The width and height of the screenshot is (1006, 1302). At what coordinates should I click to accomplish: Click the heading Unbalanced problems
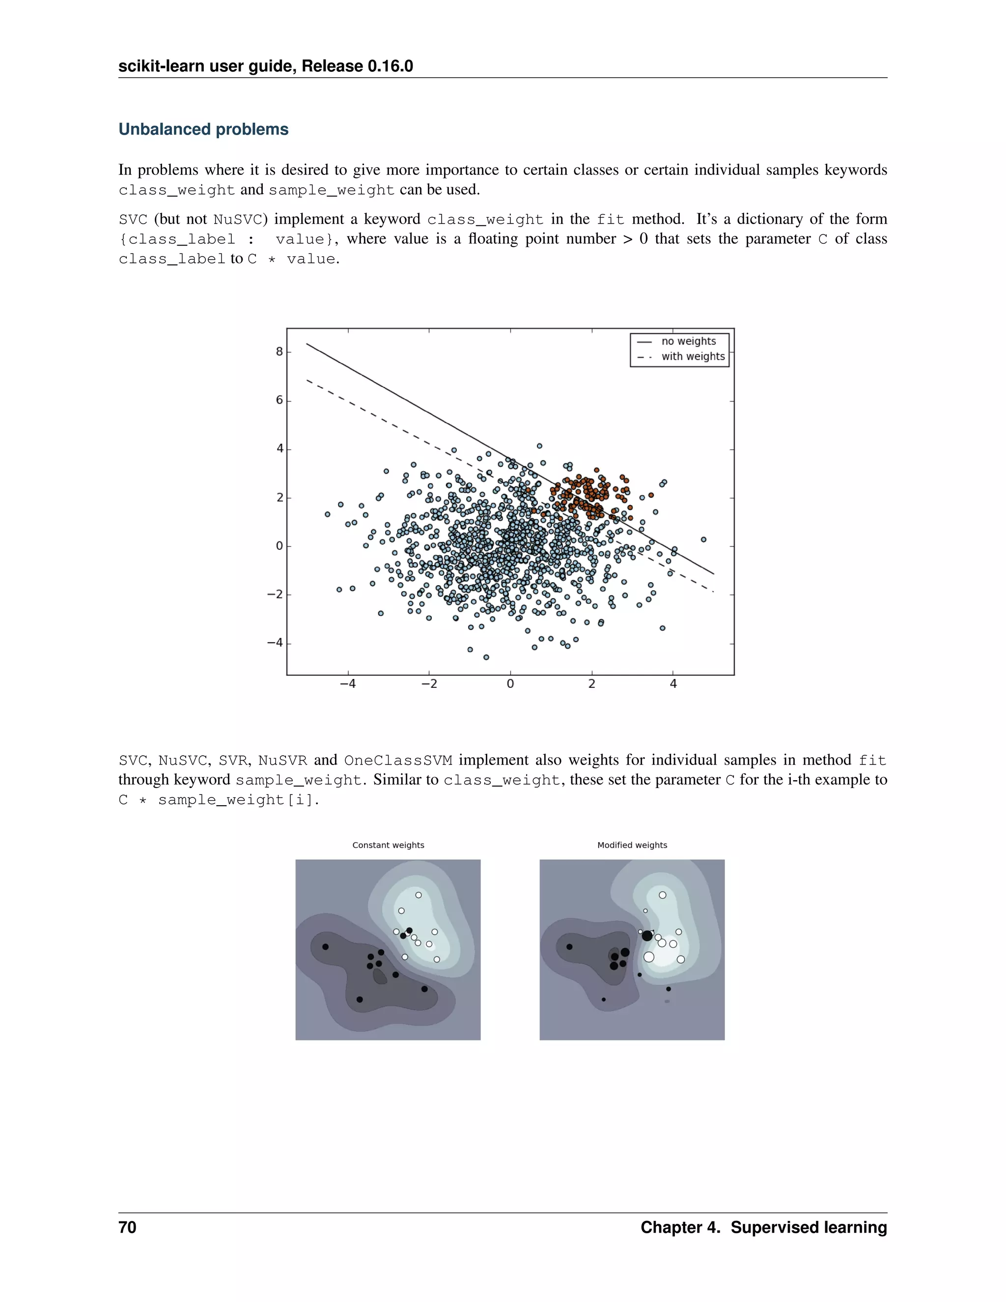coord(203,129)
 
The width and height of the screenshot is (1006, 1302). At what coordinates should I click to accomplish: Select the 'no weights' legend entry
coord(688,341)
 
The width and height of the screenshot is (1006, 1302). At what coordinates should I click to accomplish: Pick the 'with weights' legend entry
coord(693,357)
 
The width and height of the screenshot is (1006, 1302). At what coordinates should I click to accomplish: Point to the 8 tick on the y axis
coord(279,352)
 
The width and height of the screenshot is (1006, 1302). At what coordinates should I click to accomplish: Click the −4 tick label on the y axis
coord(275,643)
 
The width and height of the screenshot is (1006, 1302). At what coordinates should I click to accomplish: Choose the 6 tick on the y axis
coord(279,400)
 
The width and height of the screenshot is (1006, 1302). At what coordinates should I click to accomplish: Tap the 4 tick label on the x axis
coord(673,684)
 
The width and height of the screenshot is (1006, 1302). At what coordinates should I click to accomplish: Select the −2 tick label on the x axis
coord(429,684)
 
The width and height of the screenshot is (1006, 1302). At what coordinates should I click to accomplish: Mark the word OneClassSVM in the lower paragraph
coord(398,761)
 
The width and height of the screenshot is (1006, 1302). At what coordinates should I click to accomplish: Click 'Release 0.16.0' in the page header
coord(358,66)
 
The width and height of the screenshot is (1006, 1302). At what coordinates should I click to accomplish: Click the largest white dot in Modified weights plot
coord(649,957)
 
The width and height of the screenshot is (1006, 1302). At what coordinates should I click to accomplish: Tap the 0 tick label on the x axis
coord(510,684)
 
